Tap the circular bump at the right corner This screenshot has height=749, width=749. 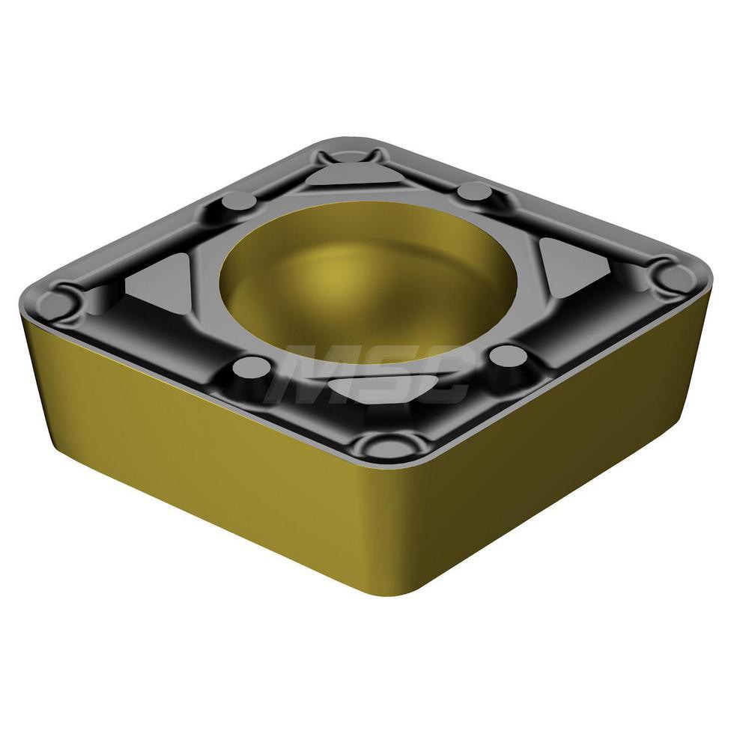[671, 276]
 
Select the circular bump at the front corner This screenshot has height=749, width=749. [385, 446]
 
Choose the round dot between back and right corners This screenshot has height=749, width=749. [473, 192]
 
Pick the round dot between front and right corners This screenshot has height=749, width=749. [509, 356]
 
